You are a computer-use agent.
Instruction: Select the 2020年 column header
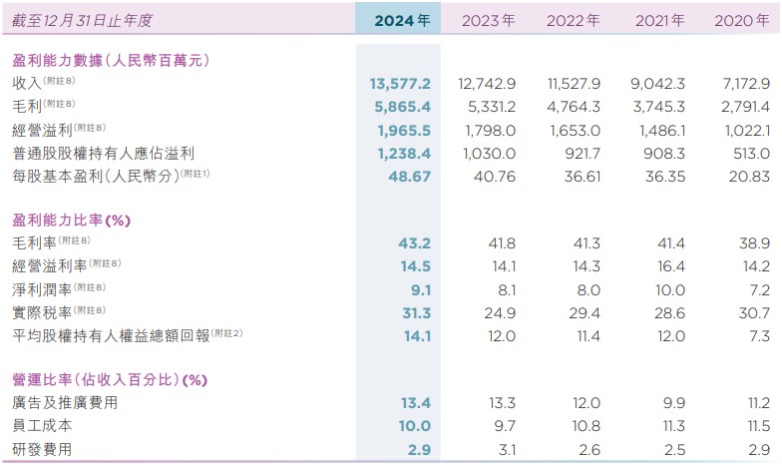click(x=742, y=19)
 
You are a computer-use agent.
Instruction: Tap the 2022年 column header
click(x=573, y=19)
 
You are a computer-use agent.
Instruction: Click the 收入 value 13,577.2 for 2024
click(x=400, y=83)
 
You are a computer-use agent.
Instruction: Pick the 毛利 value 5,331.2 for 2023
click(x=488, y=105)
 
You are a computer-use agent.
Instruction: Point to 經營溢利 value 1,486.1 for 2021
click(x=657, y=129)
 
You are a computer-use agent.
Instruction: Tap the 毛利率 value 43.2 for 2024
click(x=414, y=242)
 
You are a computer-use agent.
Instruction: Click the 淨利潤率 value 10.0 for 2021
click(x=670, y=290)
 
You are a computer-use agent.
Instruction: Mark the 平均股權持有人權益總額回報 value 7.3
click(x=758, y=336)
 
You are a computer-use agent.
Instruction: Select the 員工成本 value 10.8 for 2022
click(x=586, y=426)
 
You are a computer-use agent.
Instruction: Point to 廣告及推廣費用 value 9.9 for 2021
click(x=674, y=403)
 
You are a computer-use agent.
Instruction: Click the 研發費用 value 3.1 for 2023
click(x=505, y=449)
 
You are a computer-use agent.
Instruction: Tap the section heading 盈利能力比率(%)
click(x=72, y=220)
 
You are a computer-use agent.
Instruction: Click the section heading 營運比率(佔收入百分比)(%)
click(x=109, y=380)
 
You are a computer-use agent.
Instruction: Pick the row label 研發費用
click(x=41, y=449)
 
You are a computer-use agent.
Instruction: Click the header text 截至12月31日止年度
click(x=82, y=19)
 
